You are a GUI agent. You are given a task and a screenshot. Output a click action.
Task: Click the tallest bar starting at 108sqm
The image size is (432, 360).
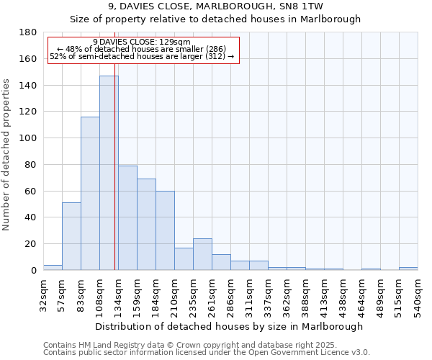tap(109, 173)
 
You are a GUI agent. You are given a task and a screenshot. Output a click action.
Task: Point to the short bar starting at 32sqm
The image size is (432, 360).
tap(53, 267)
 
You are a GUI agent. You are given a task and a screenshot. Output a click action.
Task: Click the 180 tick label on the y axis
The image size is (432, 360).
tap(28, 32)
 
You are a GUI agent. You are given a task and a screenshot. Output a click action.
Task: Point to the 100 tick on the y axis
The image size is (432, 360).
tap(28, 138)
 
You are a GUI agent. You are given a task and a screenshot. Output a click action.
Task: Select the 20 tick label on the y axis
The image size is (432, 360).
tap(31, 244)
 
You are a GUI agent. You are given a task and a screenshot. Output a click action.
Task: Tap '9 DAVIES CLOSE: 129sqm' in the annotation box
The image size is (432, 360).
tap(142, 42)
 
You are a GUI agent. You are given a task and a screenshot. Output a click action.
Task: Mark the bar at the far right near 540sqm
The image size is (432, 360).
tap(408, 268)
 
